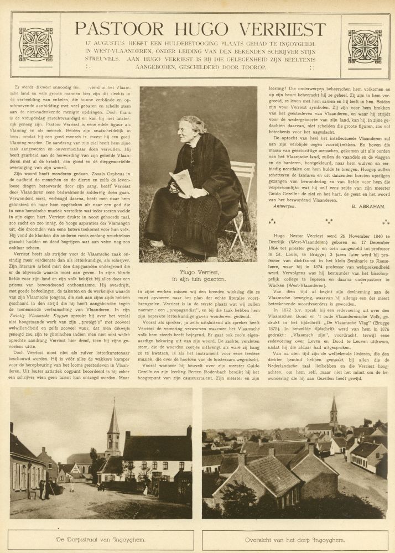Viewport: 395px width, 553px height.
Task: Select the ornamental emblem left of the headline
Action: (x=35, y=44)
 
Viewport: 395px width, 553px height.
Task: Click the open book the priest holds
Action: (x=183, y=181)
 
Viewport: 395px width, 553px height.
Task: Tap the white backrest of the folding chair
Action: (x=243, y=172)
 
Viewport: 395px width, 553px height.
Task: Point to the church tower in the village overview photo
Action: (x=334, y=412)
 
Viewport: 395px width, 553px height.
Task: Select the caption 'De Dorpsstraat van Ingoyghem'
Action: (x=102, y=540)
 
